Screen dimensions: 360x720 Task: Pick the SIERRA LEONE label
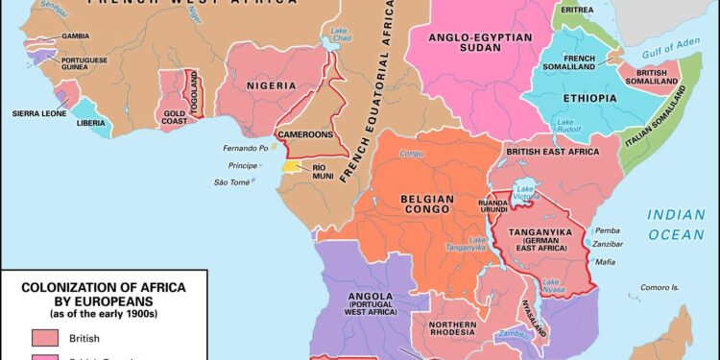tap(37, 113)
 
